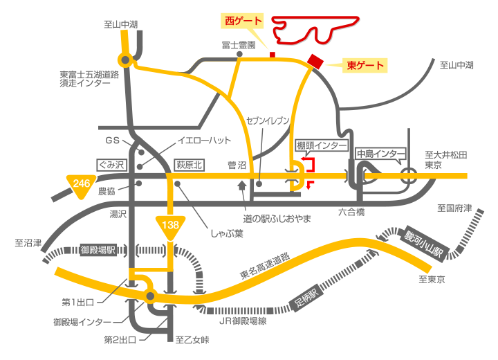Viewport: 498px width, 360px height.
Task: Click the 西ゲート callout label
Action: (x=242, y=21)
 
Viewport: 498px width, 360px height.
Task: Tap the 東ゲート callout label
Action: (x=365, y=66)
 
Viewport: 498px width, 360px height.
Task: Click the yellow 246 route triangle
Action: (x=82, y=186)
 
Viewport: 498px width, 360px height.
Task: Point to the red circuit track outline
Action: (x=315, y=30)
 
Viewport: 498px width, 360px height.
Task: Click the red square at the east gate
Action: (x=315, y=62)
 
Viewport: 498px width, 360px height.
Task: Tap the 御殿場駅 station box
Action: (x=98, y=250)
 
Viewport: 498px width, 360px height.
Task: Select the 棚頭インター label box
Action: (x=322, y=145)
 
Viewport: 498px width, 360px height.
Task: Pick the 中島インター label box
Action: (x=380, y=154)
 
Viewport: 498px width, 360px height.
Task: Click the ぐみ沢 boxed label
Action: (x=111, y=165)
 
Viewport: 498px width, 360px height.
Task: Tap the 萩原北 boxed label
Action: (x=190, y=165)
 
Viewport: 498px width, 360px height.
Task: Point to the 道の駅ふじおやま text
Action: (x=277, y=219)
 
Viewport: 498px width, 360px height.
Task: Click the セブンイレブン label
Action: (x=268, y=120)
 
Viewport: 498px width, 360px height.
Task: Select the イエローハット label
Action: (x=204, y=141)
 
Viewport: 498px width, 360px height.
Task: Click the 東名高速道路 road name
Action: (x=265, y=266)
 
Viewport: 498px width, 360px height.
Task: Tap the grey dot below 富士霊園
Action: (x=239, y=55)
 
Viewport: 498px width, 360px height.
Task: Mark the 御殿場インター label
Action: (x=82, y=322)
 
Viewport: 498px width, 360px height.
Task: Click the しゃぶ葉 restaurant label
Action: (x=227, y=234)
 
